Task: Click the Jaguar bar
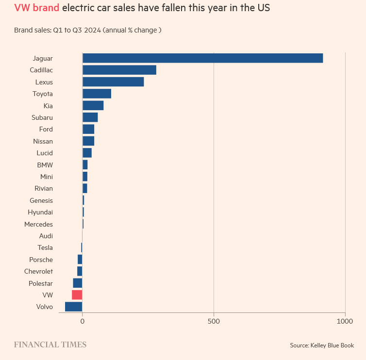point(202,58)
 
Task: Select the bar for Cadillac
point(119,70)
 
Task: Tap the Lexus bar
point(113,82)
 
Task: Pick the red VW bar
point(77,295)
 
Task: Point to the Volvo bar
point(74,307)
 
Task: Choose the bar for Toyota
point(97,94)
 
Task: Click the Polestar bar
point(78,283)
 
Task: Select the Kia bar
point(93,106)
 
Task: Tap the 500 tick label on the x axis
point(214,321)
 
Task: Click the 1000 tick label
point(345,321)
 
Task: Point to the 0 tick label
point(83,321)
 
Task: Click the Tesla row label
point(45,247)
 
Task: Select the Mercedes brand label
point(38,224)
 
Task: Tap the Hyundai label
point(40,212)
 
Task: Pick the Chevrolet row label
point(38,271)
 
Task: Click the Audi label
point(46,236)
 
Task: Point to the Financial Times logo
point(50,344)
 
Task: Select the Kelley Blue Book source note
point(322,345)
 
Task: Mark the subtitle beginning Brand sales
point(87,30)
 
